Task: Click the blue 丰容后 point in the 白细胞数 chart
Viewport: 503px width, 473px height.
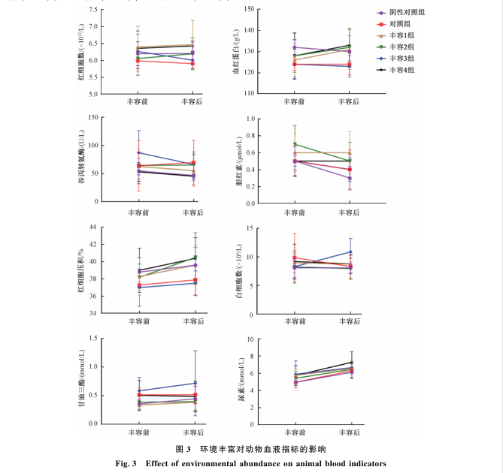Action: (350, 252)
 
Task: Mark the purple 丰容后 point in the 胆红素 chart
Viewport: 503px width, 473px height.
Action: (350, 178)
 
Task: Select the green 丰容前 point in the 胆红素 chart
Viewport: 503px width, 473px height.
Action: (295, 144)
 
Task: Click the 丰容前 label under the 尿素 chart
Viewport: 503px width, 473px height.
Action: (295, 433)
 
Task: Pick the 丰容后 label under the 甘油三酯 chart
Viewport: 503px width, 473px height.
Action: (193, 433)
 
